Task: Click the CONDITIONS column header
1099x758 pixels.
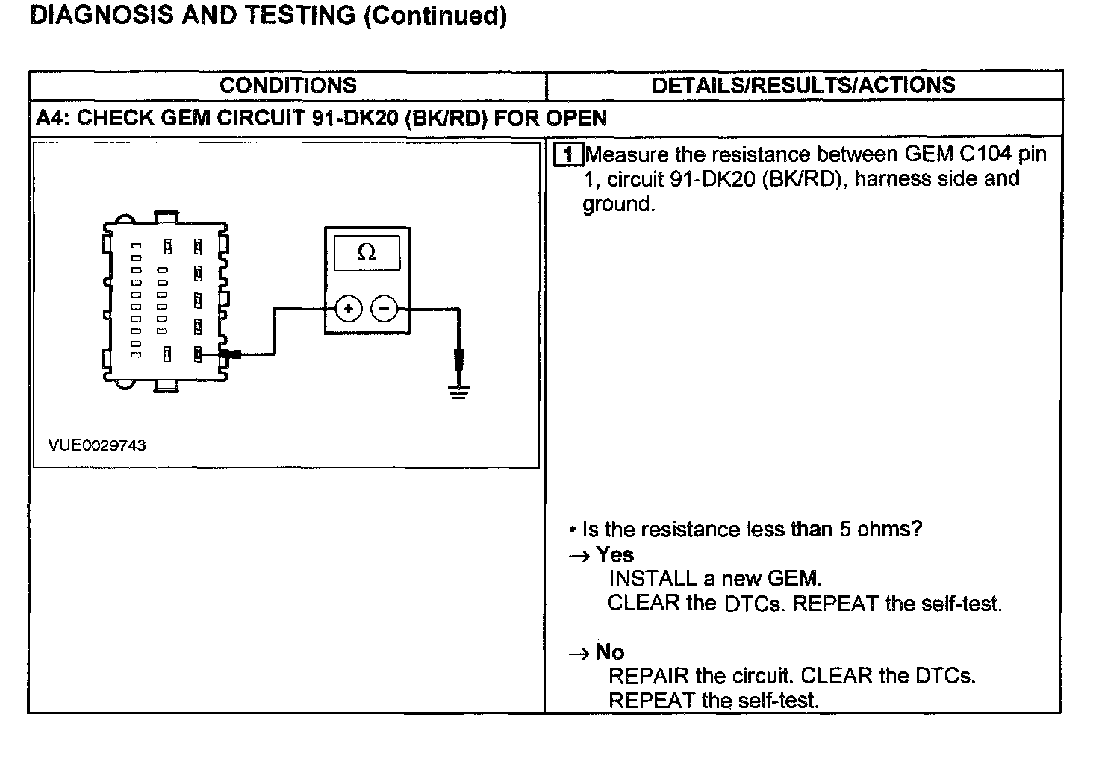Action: pyautogui.click(x=287, y=85)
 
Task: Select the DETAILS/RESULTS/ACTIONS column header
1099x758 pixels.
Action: pyautogui.click(x=803, y=85)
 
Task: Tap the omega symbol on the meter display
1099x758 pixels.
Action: pyautogui.click(x=366, y=253)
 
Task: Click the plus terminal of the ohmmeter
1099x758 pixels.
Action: pyautogui.click(x=349, y=308)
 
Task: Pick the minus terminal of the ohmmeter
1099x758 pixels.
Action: pyautogui.click(x=385, y=308)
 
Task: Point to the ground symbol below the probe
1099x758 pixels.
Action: pyautogui.click(x=459, y=392)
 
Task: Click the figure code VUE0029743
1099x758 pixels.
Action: pyautogui.click(x=97, y=445)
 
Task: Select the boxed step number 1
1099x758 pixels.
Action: pyautogui.click(x=570, y=154)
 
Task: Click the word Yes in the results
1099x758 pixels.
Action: pyautogui.click(x=615, y=555)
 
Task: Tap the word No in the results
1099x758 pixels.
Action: pyautogui.click(x=610, y=653)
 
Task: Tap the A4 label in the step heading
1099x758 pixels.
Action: pyautogui.click(x=51, y=119)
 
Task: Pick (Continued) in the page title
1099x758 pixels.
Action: pyautogui.click(x=435, y=16)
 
